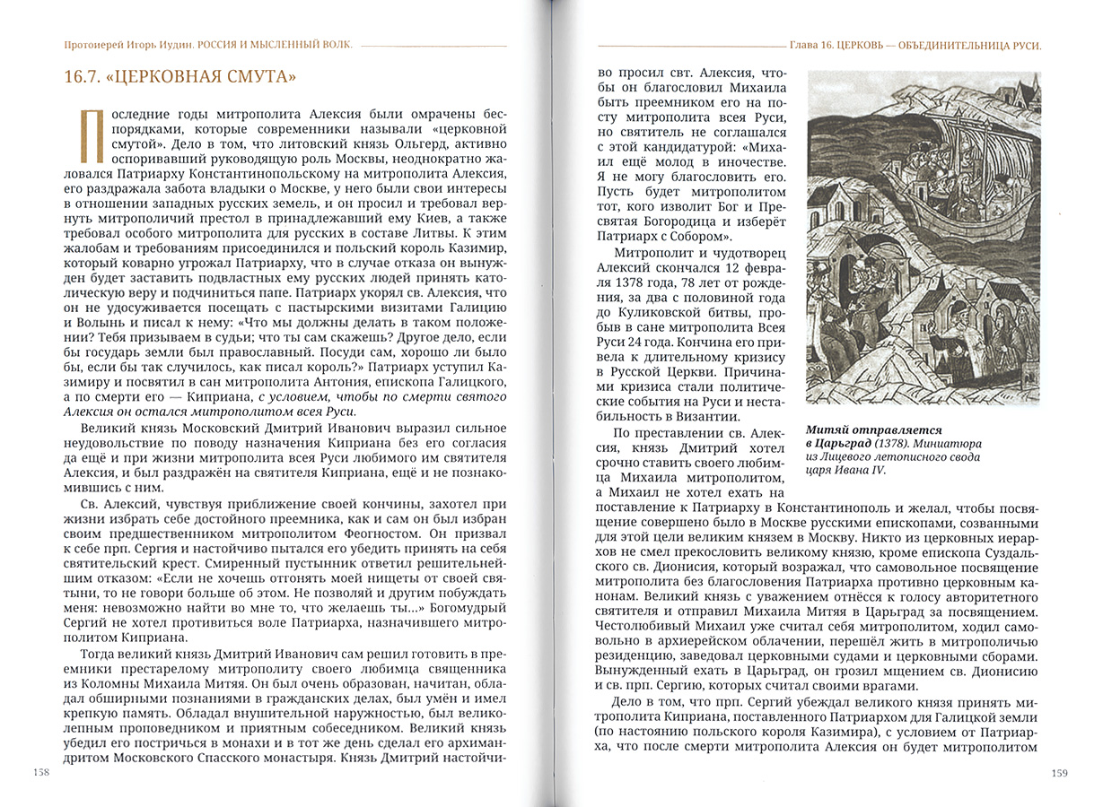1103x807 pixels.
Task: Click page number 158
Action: point(41,772)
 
